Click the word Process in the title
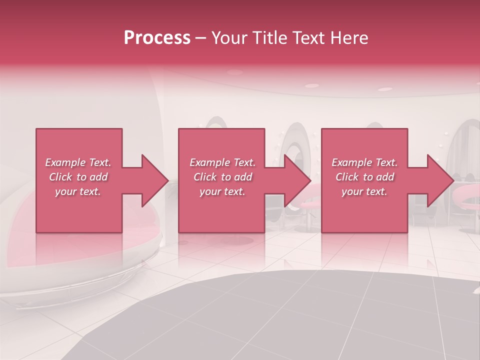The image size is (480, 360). click(x=157, y=38)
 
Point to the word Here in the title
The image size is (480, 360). click(x=350, y=38)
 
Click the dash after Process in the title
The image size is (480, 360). click(x=201, y=39)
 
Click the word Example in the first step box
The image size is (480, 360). click(x=65, y=162)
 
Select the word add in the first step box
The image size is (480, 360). click(x=98, y=177)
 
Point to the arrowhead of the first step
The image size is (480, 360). click(x=155, y=180)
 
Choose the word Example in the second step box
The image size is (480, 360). click(x=209, y=162)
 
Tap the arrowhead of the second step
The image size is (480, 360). click(x=298, y=180)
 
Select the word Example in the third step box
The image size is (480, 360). click(x=351, y=162)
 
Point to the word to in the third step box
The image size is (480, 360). click(x=368, y=177)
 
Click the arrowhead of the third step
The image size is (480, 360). click(x=440, y=180)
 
